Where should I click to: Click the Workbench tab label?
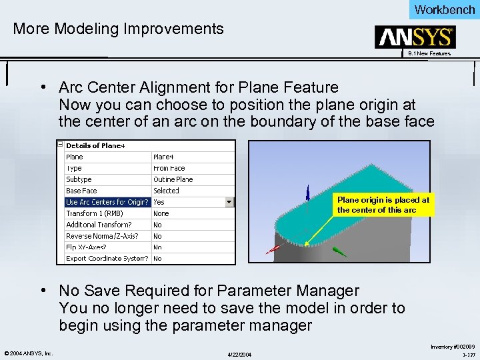(444, 9)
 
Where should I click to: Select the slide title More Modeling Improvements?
(119, 29)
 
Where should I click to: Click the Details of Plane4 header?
(95, 145)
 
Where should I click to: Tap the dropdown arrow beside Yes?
(229, 202)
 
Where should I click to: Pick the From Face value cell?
(169, 168)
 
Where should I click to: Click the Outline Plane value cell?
(173, 179)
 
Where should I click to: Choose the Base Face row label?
(81, 191)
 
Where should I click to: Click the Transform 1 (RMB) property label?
(89, 213)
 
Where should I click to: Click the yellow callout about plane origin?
(383, 205)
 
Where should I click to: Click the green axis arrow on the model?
(340, 253)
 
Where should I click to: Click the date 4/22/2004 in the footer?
(240, 353)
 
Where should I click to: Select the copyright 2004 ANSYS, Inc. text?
(29, 353)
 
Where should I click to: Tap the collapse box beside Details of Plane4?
(60, 145)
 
